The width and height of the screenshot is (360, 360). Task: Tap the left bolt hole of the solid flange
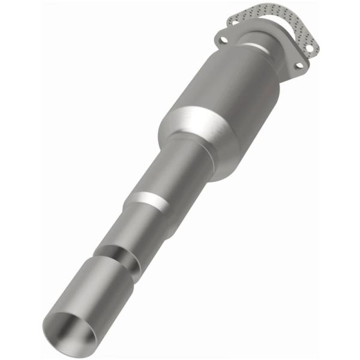coord(223,40)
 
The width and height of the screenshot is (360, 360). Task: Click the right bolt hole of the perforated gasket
coord(310,46)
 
